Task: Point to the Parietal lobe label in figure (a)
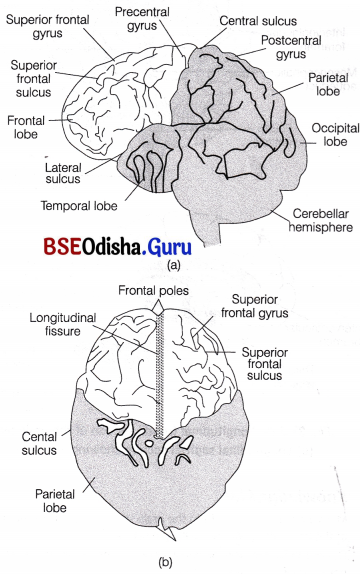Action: click(x=319, y=95)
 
